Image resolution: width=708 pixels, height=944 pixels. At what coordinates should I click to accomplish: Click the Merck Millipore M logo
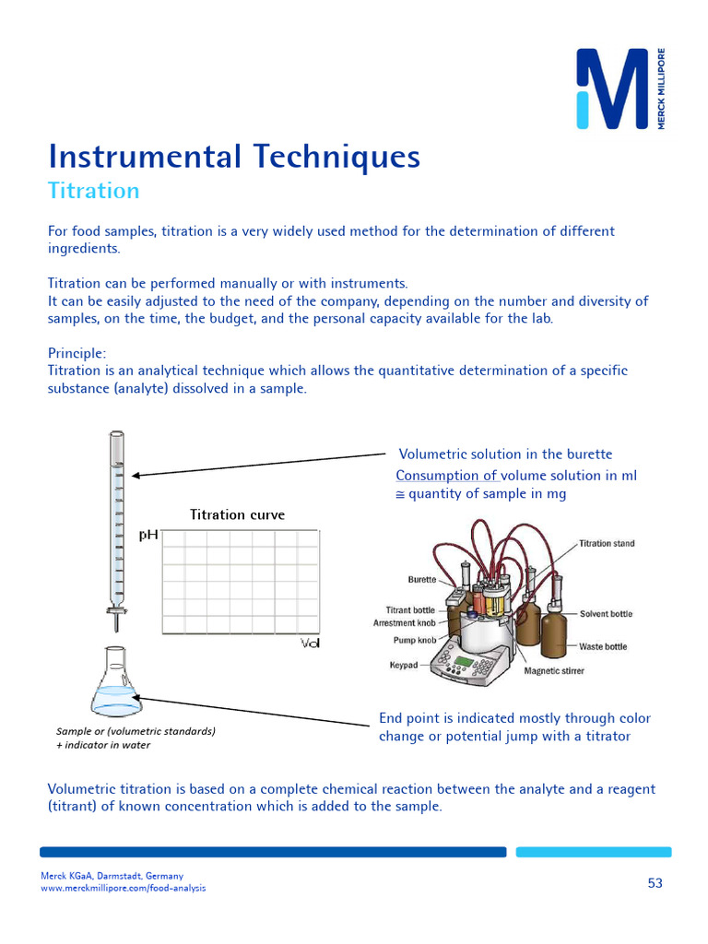[612, 89]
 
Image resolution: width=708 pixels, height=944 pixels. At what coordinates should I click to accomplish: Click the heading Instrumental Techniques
[234, 157]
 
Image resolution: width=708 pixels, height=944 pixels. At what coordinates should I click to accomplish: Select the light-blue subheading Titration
[93, 191]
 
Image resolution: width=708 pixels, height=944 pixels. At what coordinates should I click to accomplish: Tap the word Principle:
[77, 353]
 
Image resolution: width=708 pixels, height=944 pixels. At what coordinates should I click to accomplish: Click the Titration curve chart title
[237, 514]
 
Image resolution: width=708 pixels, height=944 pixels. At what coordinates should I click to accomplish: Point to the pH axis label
[147, 535]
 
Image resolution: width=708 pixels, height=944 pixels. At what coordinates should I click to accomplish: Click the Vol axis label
[310, 643]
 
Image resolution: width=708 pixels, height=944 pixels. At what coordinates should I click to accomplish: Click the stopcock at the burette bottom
[116, 609]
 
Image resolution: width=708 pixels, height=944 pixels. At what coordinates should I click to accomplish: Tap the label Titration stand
[607, 544]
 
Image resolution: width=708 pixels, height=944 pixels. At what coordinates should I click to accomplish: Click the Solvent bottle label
[606, 614]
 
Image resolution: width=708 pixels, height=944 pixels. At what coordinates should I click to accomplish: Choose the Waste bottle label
[602, 647]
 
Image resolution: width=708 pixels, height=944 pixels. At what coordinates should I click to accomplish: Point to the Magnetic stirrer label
[554, 671]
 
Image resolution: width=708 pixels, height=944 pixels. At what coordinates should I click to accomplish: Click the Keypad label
[404, 665]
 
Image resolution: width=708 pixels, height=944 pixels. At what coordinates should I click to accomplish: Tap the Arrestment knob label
[404, 623]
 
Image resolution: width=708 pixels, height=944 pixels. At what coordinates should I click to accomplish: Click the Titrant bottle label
[410, 610]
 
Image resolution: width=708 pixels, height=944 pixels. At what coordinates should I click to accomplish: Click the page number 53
[655, 883]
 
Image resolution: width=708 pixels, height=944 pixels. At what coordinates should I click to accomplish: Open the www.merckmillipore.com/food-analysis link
[123, 888]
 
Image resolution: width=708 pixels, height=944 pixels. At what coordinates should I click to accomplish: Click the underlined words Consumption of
[447, 476]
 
